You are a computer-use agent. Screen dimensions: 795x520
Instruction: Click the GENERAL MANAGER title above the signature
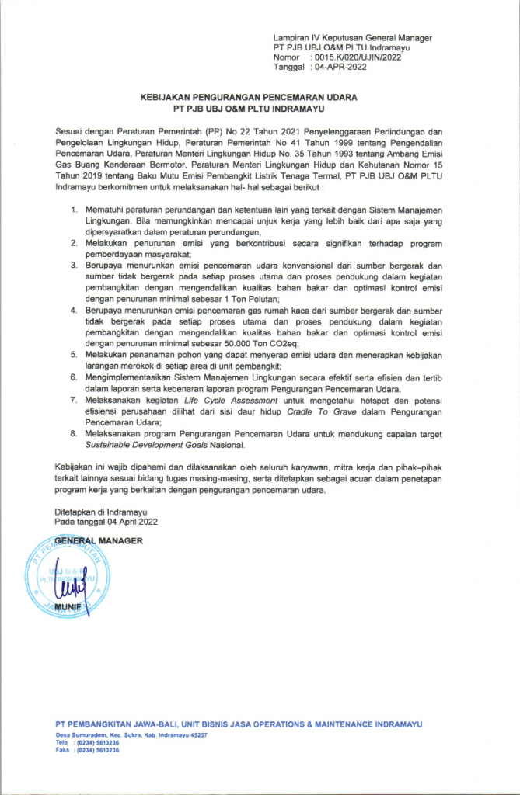pos(99,540)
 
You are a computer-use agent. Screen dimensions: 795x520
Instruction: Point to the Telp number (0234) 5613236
pos(96,742)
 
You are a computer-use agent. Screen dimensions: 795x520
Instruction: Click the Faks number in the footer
pos(96,750)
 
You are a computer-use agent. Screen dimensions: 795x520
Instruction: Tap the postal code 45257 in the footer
pos(198,734)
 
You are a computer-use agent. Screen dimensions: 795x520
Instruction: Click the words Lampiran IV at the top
pos(298,38)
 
